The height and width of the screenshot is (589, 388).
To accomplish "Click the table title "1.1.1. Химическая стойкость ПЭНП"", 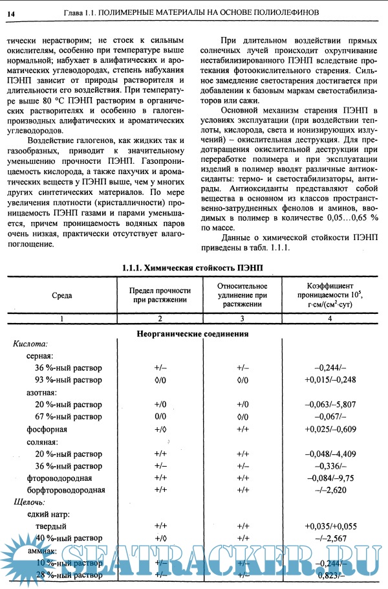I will coord(193,267).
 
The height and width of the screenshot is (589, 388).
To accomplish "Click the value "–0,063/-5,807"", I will coord(330,405).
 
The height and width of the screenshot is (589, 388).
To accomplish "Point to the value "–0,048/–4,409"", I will coord(330,454).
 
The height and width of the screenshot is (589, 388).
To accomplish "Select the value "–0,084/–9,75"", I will coord(330,478).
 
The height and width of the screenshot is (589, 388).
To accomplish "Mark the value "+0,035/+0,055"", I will coord(330,526).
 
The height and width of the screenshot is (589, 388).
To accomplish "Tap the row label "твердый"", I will coord(50,526).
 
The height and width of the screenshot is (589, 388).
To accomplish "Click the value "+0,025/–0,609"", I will coord(330,429).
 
